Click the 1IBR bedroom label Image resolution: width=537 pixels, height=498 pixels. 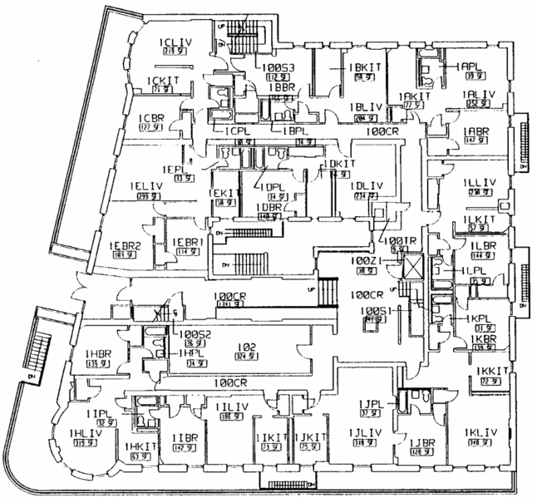click(x=185, y=437)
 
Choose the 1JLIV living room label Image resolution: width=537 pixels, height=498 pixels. click(x=366, y=431)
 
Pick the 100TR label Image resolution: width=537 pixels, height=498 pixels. click(x=398, y=239)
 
